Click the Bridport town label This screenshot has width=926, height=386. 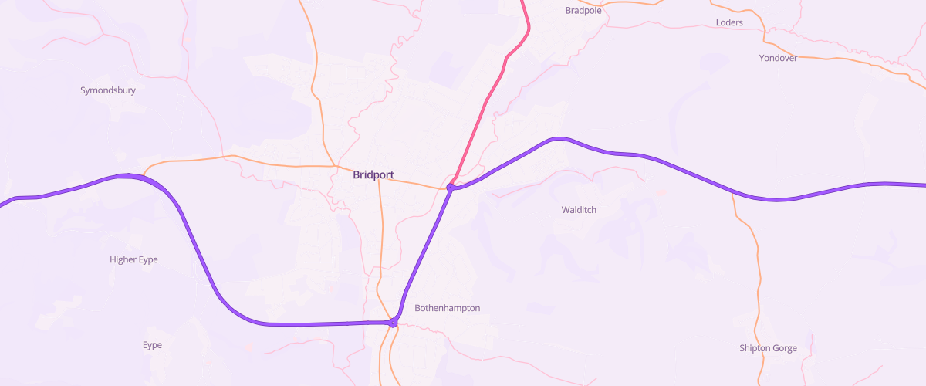(373, 175)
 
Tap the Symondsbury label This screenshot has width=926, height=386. (108, 90)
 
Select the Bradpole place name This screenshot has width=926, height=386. (583, 11)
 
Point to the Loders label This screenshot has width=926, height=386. (729, 22)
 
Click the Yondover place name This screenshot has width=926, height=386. (778, 58)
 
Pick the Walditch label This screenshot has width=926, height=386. (579, 210)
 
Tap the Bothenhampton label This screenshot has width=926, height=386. (448, 308)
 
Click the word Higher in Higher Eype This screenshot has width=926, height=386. (123, 260)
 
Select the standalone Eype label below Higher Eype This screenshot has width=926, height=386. (153, 345)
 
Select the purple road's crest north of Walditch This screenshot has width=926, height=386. (557, 139)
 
